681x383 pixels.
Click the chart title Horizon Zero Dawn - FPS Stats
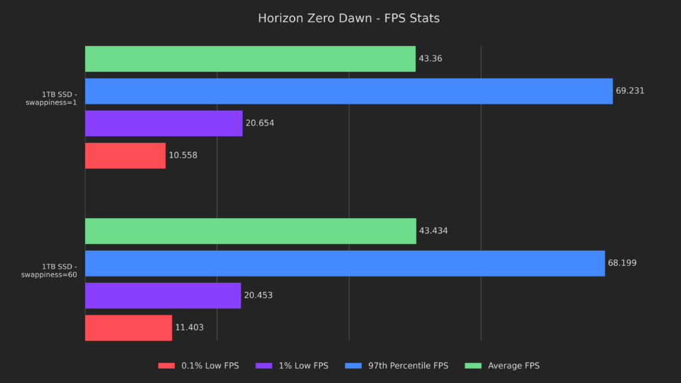(348, 19)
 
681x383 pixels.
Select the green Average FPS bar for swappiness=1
(250, 59)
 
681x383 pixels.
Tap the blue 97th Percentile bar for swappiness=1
(348, 91)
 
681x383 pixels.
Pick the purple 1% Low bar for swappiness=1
(164, 123)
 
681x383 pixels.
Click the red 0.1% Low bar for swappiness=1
(125, 156)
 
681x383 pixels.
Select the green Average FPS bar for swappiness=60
(251, 231)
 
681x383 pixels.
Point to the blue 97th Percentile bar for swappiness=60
(344, 263)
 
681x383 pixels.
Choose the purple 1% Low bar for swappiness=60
(163, 295)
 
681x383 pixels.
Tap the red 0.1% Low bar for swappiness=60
(128, 328)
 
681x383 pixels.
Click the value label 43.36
(430, 59)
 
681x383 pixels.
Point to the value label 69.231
(630, 91)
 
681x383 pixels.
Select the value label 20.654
(259, 123)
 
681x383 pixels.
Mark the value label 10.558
(183, 156)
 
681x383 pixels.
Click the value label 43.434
(433, 231)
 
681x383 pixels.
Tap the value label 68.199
(622, 263)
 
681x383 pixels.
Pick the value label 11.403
(189, 328)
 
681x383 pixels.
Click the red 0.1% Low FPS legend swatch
(166, 366)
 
